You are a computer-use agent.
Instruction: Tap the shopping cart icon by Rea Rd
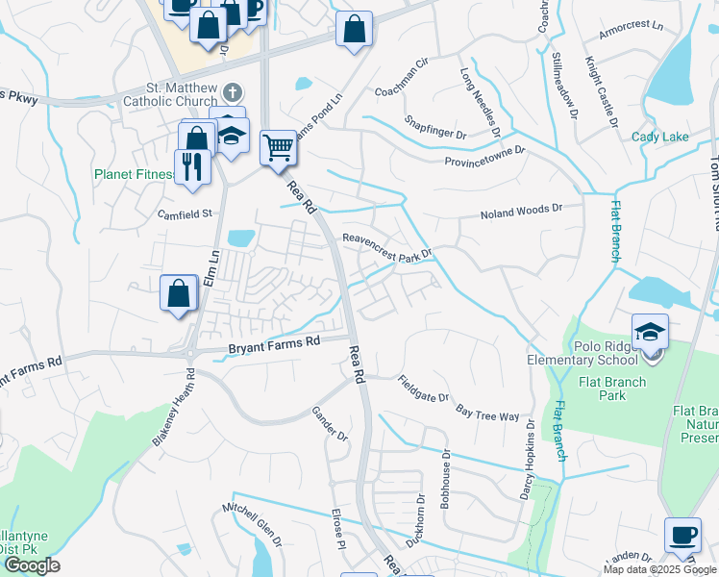[278, 148]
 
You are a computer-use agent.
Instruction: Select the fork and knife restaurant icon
[192, 167]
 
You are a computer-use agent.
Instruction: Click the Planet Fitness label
[135, 175]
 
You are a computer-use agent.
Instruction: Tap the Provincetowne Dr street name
[484, 156]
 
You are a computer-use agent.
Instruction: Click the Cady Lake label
[659, 138]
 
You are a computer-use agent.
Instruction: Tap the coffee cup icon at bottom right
[682, 535]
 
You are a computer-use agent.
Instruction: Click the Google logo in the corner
[31, 565]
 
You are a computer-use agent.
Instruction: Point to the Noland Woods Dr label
[521, 212]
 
